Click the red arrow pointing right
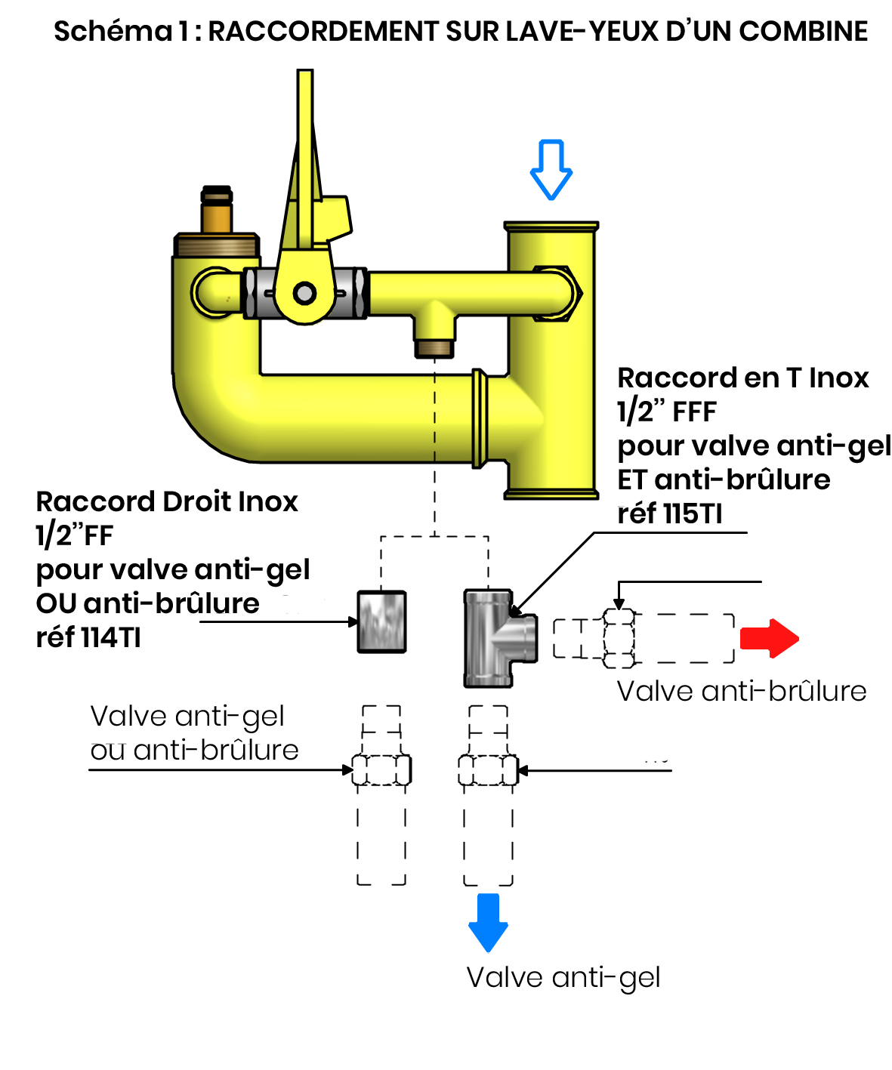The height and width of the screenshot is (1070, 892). pos(768,638)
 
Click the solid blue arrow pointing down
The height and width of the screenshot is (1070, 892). pos(487,923)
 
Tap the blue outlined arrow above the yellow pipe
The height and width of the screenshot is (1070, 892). pos(551,169)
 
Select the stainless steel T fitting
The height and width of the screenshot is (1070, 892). pos(500,638)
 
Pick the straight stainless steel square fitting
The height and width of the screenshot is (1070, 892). pos(381,621)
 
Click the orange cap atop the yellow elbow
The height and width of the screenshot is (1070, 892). pos(216,209)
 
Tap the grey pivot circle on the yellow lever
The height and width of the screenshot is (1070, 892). pos(304,294)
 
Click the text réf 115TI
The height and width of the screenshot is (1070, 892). pos(669,513)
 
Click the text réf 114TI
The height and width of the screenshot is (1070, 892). pos(88,637)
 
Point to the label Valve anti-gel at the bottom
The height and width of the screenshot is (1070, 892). pos(563,978)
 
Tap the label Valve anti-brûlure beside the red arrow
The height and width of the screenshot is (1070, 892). pos(741,691)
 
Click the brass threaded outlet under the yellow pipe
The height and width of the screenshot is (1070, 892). pos(434,348)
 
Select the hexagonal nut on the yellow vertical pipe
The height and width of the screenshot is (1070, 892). pos(556,294)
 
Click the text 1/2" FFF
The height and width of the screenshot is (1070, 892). pos(666,412)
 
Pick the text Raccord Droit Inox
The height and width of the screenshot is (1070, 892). pos(167,501)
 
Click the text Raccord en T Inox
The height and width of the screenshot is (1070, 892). pos(742,378)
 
